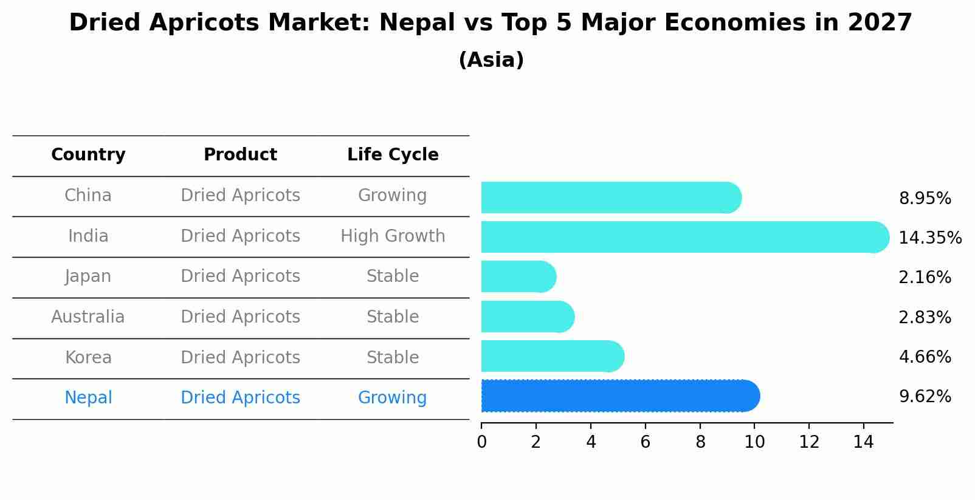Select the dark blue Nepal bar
point(620,396)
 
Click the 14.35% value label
point(929,238)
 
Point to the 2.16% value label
point(925,278)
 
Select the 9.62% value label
point(925,397)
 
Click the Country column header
point(88,155)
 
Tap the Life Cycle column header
point(393,155)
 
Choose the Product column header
point(240,155)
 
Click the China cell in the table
point(88,196)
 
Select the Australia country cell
point(88,317)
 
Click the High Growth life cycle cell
point(393,236)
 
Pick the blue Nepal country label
point(88,398)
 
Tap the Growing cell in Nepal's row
point(392,398)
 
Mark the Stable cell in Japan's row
point(393,276)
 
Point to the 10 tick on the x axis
point(754,442)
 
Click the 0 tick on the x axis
point(481,442)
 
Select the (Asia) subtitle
point(491,60)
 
